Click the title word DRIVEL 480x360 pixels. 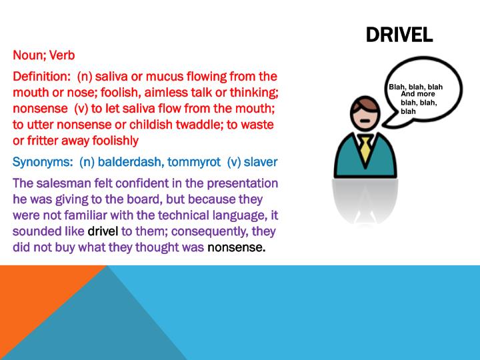tap(399, 35)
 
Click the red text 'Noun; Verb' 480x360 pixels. tap(41, 56)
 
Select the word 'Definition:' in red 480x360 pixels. tap(41, 77)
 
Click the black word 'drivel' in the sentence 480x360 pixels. tap(103, 232)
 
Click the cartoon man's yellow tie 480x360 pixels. tap(365, 149)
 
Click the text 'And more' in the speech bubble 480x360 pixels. tap(418, 95)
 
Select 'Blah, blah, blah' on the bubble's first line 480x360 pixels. tap(415, 87)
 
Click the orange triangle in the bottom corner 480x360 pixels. tap(33, 293)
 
